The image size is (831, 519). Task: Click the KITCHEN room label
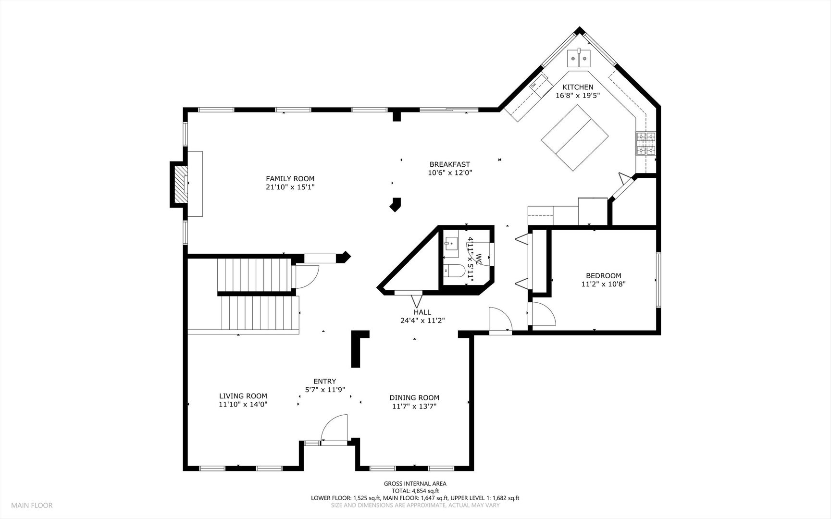coord(578,87)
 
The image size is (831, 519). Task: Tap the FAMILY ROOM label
coord(290,179)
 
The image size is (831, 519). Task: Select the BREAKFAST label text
coord(450,164)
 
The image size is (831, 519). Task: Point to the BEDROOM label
coord(603,276)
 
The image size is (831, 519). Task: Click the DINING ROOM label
coord(414,398)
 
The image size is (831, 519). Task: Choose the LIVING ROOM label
coord(243,396)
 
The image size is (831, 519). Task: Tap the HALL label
coord(422,312)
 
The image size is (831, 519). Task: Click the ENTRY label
coord(325,382)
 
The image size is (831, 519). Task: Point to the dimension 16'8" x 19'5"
coord(578,96)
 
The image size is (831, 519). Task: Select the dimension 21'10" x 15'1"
coord(290,187)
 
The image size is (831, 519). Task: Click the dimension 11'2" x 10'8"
coord(603,284)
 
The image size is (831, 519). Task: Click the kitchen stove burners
coord(646,144)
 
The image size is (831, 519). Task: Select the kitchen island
coord(575,137)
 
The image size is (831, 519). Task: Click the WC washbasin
coord(451,244)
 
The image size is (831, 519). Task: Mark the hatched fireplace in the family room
coord(179,185)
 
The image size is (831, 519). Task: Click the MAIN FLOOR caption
coord(32,506)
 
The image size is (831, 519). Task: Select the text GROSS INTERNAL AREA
coord(415,484)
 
